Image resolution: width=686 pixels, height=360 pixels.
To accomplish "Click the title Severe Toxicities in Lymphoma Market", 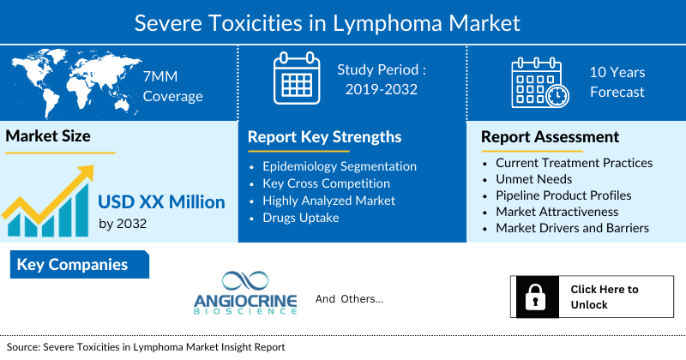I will pos(343,21).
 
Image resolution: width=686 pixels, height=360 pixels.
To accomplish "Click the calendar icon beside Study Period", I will pos(295,78).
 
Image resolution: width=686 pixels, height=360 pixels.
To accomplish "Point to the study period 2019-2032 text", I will pos(382,79).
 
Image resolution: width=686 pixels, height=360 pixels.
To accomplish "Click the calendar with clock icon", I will pos(538,82).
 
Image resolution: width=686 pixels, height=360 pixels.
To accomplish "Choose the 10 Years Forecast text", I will pos(617,82).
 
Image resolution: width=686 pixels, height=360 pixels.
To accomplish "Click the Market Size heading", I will pos(48,135).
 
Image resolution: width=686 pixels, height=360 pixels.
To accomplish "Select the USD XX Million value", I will pos(161,202).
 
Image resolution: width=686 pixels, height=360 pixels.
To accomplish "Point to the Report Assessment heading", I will pos(550,137).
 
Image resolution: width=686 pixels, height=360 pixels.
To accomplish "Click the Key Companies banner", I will pos(72,265).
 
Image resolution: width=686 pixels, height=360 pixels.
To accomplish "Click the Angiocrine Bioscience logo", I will pos(246,292).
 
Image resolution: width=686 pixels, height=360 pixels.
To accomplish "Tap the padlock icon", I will pos(534,297).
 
